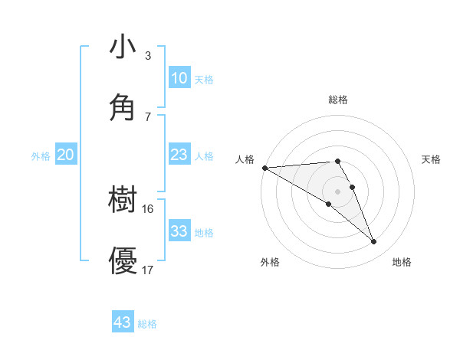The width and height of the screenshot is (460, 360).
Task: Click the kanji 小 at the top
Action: pos(123,47)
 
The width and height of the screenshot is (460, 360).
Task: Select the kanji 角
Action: pos(123,107)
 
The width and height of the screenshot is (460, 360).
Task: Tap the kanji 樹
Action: pos(123,200)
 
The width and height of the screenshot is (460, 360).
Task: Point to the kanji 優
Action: pos(123,260)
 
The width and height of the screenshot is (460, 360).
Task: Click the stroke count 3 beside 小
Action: pos(148,56)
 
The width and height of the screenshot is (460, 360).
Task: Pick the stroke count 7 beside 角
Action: pos(148,116)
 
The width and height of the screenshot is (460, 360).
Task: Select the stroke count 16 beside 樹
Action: pos(148,209)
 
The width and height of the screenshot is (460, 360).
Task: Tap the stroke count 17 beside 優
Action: pos(148,270)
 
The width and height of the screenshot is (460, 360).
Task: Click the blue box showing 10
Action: pos(179,78)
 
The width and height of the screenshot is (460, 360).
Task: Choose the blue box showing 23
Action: pos(179,155)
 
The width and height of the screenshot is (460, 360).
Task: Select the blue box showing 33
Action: pos(179,231)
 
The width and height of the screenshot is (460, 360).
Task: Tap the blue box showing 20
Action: pos(66,155)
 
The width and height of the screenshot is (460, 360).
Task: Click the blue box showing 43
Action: pos(123,322)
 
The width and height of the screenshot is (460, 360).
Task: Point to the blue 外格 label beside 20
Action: pos(41,155)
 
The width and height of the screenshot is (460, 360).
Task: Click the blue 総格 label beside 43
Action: pos(147,324)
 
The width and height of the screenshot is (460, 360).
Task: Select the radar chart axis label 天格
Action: pos(432,159)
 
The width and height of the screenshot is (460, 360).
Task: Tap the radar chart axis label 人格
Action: pos(245,159)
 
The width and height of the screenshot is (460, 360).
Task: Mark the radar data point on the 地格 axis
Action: pos(374,242)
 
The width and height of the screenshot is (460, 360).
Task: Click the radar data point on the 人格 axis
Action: pos(264,167)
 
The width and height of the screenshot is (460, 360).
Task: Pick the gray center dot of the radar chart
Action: pos(338,191)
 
